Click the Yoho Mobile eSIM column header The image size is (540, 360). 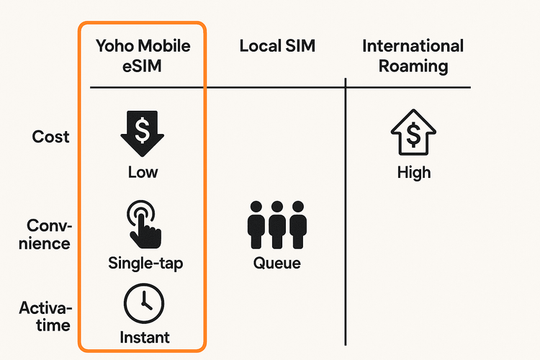143,56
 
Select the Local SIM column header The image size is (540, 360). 277,47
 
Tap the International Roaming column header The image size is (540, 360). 413,56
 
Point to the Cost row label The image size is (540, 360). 51,136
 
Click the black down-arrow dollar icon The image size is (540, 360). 143,134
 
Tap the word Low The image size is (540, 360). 143,172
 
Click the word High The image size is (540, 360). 413,172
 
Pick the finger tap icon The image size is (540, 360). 143,223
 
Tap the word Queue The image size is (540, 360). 277,263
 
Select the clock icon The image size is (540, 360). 143,303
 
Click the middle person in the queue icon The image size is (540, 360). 277,225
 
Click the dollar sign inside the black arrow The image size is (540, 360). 143,130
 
